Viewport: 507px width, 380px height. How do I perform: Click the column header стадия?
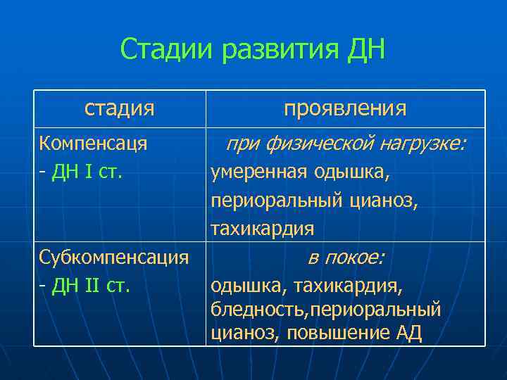pos(119,108)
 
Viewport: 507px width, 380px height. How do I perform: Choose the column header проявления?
pos(345,108)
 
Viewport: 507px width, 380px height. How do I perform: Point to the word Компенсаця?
pos(93,144)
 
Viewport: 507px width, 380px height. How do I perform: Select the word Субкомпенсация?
pos(114,257)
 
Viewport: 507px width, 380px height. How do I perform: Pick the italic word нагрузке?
pos(423,144)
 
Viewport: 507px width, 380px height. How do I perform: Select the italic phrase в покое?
pos(345,258)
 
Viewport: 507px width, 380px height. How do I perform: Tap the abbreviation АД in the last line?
pos(408,333)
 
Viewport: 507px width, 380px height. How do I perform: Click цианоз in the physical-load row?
pos(384,201)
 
